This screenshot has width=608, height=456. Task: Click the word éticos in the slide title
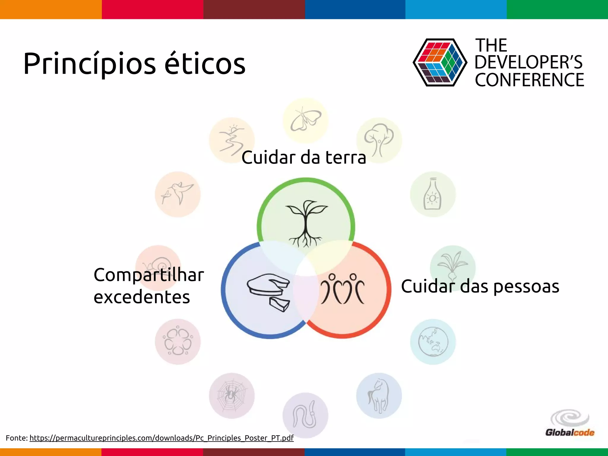click(205, 64)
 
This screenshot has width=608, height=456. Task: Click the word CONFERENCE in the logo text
click(529, 80)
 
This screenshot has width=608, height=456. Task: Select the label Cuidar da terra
click(303, 157)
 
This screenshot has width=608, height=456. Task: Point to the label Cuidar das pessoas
click(480, 286)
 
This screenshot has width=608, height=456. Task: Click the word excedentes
click(142, 297)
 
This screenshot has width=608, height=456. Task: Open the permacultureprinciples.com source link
click(161, 438)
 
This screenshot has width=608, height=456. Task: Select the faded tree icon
click(379, 140)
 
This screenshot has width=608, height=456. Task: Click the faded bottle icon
click(433, 194)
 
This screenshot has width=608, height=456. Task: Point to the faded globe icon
click(433, 342)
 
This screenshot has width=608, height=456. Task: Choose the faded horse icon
click(379, 396)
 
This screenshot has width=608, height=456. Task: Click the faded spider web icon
click(232, 396)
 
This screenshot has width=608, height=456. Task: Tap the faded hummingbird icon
click(178, 194)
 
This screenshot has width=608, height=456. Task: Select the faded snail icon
click(158, 264)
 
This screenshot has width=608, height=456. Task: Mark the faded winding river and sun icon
click(232, 140)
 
